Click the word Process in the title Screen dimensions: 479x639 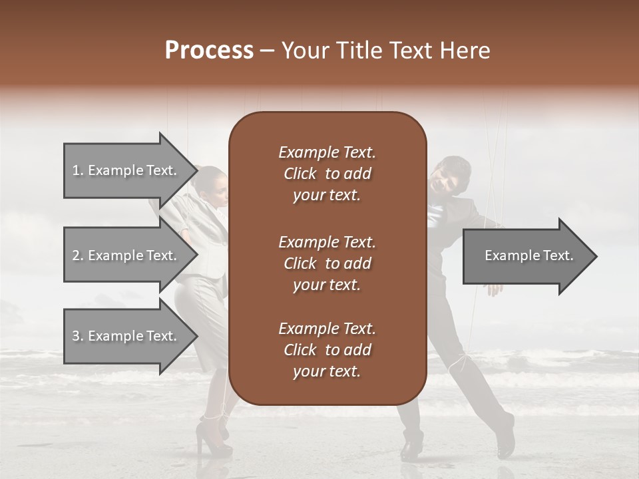click(209, 51)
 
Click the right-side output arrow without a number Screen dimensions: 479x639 click(529, 255)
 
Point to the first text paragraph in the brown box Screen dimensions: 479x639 click(327, 174)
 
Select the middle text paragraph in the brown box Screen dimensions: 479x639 click(327, 263)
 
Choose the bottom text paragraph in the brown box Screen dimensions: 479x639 click(327, 350)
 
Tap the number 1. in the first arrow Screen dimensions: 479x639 click(78, 170)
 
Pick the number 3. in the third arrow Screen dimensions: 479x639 click(78, 336)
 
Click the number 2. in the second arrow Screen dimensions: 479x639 click(78, 255)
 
